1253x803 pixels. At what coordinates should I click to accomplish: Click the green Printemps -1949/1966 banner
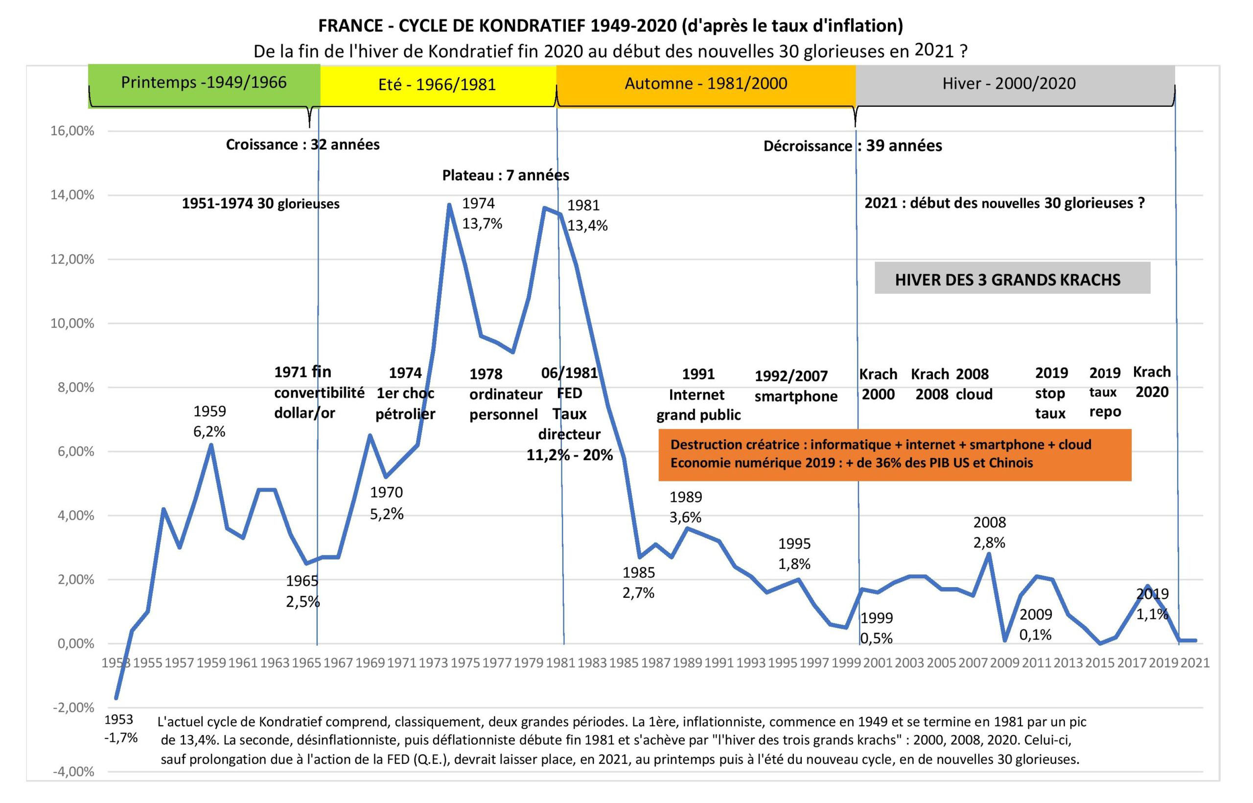click(x=204, y=83)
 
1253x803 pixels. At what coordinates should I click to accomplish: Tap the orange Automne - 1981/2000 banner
click(x=706, y=83)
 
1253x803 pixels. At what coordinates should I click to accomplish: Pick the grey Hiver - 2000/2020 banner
click(x=1009, y=83)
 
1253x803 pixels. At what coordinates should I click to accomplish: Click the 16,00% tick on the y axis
click(x=72, y=131)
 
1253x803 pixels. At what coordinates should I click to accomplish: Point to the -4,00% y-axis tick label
click(x=73, y=772)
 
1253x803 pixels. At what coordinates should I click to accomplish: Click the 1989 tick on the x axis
click(x=687, y=663)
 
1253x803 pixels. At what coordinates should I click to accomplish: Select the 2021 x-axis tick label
click(x=1195, y=663)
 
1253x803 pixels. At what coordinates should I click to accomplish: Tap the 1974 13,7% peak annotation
click(x=482, y=213)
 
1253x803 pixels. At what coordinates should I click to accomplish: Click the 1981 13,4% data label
click(x=587, y=215)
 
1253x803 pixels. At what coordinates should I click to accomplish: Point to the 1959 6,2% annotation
click(x=209, y=421)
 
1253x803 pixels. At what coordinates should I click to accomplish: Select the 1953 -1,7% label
click(x=120, y=729)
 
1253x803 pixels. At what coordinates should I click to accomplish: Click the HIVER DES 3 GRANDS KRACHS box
click(x=1012, y=279)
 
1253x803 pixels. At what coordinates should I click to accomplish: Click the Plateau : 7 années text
click(x=505, y=175)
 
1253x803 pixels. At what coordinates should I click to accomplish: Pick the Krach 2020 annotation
click(x=1152, y=382)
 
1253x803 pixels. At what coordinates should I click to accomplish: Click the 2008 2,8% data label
click(x=989, y=532)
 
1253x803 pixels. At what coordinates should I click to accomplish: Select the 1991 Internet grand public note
click(x=698, y=394)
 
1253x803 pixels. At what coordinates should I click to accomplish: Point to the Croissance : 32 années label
click(x=302, y=144)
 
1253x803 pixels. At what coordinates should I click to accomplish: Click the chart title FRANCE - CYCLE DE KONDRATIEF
click(x=610, y=25)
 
